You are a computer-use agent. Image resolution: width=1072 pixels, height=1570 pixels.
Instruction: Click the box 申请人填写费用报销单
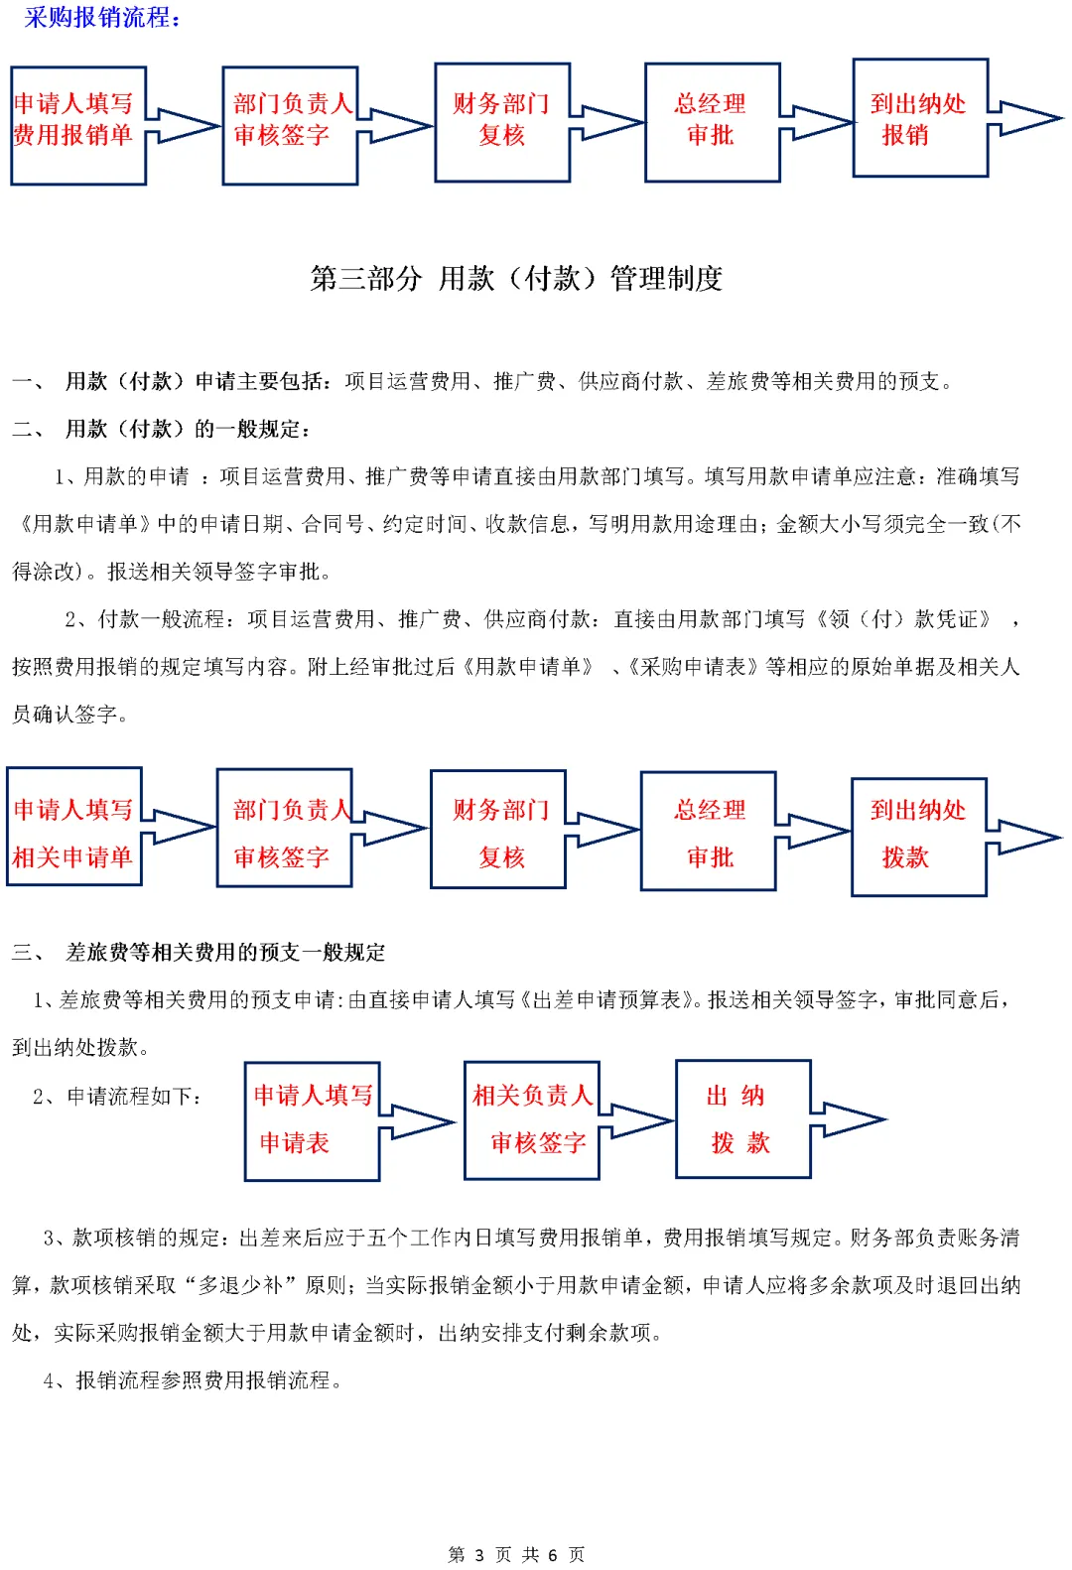click(78, 125)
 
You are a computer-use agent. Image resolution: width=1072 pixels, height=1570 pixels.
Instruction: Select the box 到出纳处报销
click(920, 118)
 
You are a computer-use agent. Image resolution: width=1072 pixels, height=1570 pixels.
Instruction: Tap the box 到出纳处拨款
click(918, 837)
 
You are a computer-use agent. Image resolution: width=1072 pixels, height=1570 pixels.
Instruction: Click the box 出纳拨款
click(742, 1119)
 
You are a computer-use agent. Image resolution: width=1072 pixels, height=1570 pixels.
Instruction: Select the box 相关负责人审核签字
click(531, 1120)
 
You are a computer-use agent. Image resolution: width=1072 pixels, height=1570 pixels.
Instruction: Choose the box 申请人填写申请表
click(312, 1121)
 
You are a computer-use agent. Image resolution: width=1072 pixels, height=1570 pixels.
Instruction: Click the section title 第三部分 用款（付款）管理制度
click(516, 279)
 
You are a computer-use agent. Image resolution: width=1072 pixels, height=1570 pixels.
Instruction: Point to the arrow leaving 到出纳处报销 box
click(1027, 118)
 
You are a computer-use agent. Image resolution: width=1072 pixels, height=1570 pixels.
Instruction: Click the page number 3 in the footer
click(479, 1554)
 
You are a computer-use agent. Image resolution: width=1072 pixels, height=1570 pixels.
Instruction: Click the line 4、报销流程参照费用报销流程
click(194, 1380)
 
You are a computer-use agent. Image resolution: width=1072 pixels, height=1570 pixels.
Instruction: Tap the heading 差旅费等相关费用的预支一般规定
click(225, 953)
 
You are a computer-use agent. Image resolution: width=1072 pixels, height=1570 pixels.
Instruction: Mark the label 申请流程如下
click(133, 1097)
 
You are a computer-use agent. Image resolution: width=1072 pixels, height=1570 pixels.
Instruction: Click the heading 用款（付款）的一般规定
click(188, 430)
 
